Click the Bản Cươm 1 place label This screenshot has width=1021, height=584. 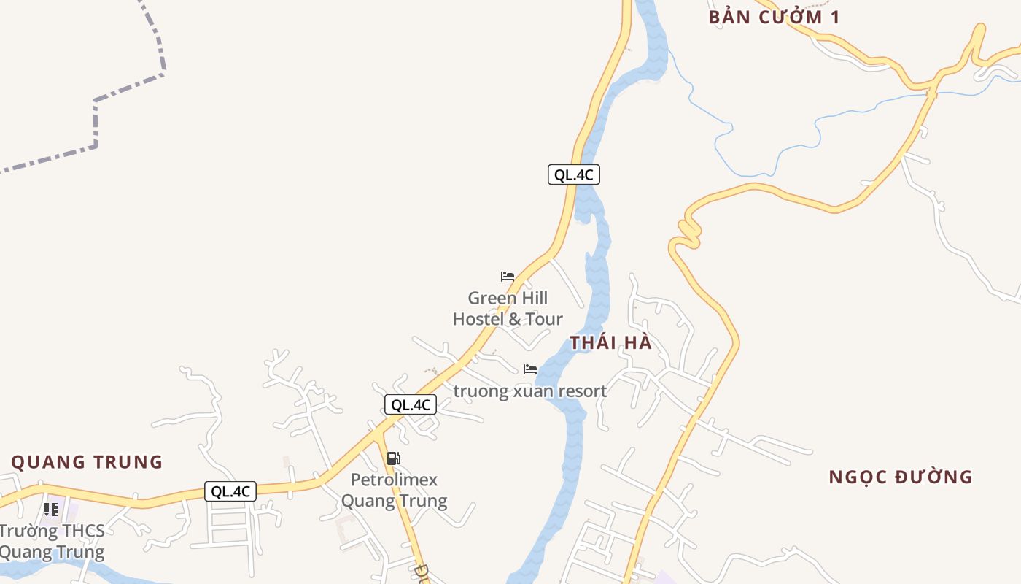[x=774, y=18]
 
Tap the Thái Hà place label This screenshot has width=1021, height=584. [x=610, y=342]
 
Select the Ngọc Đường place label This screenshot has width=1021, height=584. [x=901, y=477]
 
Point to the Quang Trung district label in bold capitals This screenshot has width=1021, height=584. [x=87, y=462]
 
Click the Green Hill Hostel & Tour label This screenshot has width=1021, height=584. [x=508, y=309]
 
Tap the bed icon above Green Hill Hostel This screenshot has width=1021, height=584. [x=508, y=277]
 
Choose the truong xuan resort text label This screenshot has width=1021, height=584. [x=530, y=391]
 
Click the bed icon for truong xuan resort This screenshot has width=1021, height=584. [x=530, y=369]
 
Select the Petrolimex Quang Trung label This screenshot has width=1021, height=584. [x=395, y=491]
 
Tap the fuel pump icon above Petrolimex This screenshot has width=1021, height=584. [x=393, y=458]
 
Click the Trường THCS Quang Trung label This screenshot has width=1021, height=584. [x=52, y=542]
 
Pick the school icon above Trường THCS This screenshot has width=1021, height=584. [x=50, y=509]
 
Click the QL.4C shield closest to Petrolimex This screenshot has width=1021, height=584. [x=411, y=405]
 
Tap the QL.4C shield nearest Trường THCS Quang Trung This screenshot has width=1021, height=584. [x=230, y=491]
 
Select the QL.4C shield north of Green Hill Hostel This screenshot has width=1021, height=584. [x=574, y=174]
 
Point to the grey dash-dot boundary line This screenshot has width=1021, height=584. [x=95, y=124]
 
